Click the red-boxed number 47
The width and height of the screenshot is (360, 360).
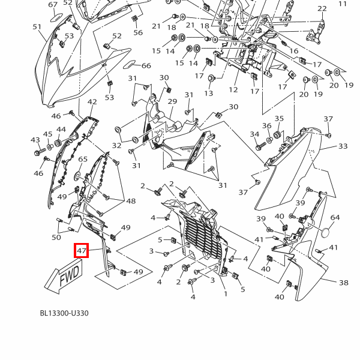[82, 251]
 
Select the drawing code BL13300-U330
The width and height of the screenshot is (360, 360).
[64, 313]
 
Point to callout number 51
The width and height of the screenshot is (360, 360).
[37, 27]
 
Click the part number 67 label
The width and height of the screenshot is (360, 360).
[53, 5]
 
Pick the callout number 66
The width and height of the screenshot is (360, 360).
[146, 66]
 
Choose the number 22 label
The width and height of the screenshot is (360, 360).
[322, 9]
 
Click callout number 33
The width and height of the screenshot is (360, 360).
[343, 146]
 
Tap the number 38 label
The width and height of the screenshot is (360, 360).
[343, 283]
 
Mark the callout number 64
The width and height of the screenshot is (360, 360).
[335, 218]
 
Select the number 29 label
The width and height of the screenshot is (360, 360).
[172, 101]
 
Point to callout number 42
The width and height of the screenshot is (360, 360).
[92, 103]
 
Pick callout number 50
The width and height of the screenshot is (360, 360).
[56, 238]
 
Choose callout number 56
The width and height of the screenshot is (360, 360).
[138, 33]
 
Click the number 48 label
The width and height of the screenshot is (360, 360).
[131, 201]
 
